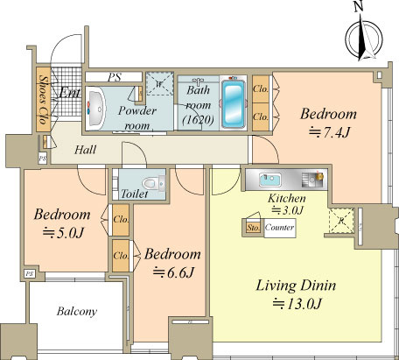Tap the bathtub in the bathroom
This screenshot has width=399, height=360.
(233, 102)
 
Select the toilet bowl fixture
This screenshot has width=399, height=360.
(152, 183)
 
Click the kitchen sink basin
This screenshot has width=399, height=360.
(269, 180)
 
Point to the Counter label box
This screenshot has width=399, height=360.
(280, 228)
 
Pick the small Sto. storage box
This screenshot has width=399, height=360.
(253, 228)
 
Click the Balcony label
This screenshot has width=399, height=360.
(77, 311)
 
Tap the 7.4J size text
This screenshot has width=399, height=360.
(329, 133)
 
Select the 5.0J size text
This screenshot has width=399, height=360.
(63, 233)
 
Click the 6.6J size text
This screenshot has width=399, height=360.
(173, 272)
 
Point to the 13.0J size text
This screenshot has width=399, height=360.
(297, 304)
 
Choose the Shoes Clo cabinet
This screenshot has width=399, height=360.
(43, 100)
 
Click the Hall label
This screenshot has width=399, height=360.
(85, 150)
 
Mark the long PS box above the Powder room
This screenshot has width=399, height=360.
(114, 77)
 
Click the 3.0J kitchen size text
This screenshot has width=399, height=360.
(288, 210)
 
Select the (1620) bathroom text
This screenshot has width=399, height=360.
(198, 119)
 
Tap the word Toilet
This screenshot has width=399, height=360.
(135, 194)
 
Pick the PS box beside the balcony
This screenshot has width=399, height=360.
(29, 274)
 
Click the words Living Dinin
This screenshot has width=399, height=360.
(296, 286)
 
